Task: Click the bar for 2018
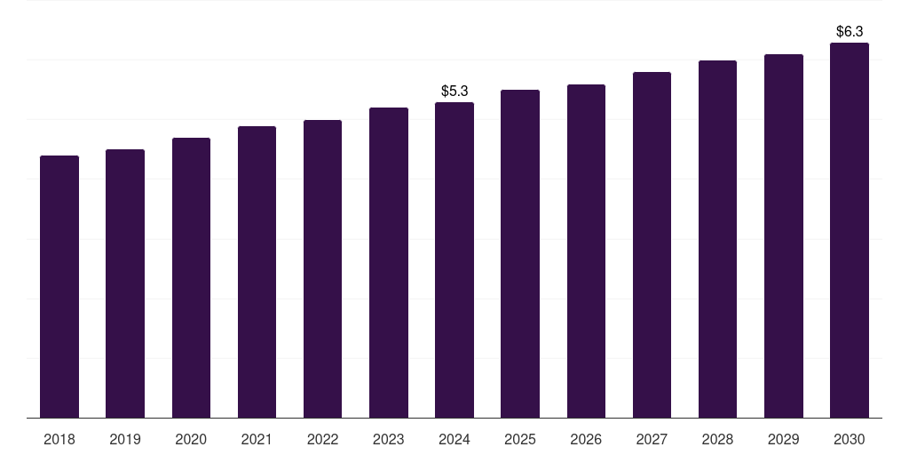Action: coord(59,286)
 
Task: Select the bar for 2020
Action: coord(191,277)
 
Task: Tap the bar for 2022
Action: coord(322,268)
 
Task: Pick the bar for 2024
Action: coord(454,259)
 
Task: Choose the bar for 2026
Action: coord(586,251)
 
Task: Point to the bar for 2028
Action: coord(717,239)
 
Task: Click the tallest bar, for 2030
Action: coord(850,230)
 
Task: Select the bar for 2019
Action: coord(125,283)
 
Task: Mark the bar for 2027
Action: coord(652,244)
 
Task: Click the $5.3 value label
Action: coord(454,91)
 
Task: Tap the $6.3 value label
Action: coord(850,31)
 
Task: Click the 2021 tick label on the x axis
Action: coord(257,439)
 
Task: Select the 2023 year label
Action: coord(388,439)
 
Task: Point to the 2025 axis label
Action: coord(520,439)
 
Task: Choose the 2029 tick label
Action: coord(783,439)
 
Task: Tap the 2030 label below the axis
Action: coord(850,439)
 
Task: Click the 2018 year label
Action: coord(59,439)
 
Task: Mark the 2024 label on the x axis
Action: coord(454,439)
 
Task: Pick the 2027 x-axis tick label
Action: coord(652,439)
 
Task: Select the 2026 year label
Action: coord(586,439)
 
